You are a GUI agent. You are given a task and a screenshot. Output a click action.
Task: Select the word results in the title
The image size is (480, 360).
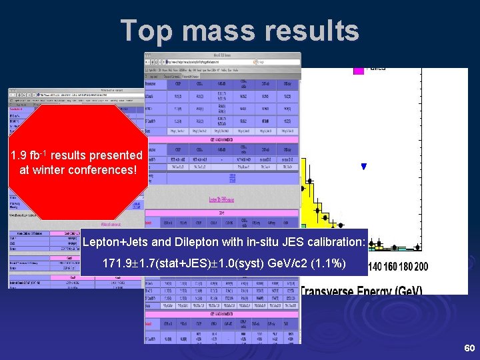point(314,31)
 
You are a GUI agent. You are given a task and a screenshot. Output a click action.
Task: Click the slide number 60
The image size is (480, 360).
point(469,349)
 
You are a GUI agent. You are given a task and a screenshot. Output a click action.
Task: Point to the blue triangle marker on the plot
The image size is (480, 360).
point(363,167)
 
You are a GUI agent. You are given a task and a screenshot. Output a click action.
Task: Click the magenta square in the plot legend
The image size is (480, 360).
point(359,67)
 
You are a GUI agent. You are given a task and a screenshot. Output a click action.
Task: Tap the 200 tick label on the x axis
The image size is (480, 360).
point(420,267)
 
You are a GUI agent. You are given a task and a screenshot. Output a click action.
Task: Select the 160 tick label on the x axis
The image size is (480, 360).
point(391,267)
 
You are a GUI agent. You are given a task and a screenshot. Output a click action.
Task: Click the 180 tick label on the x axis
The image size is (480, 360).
point(405,267)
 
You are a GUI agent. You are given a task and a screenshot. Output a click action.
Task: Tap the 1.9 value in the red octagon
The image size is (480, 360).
point(18,155)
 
